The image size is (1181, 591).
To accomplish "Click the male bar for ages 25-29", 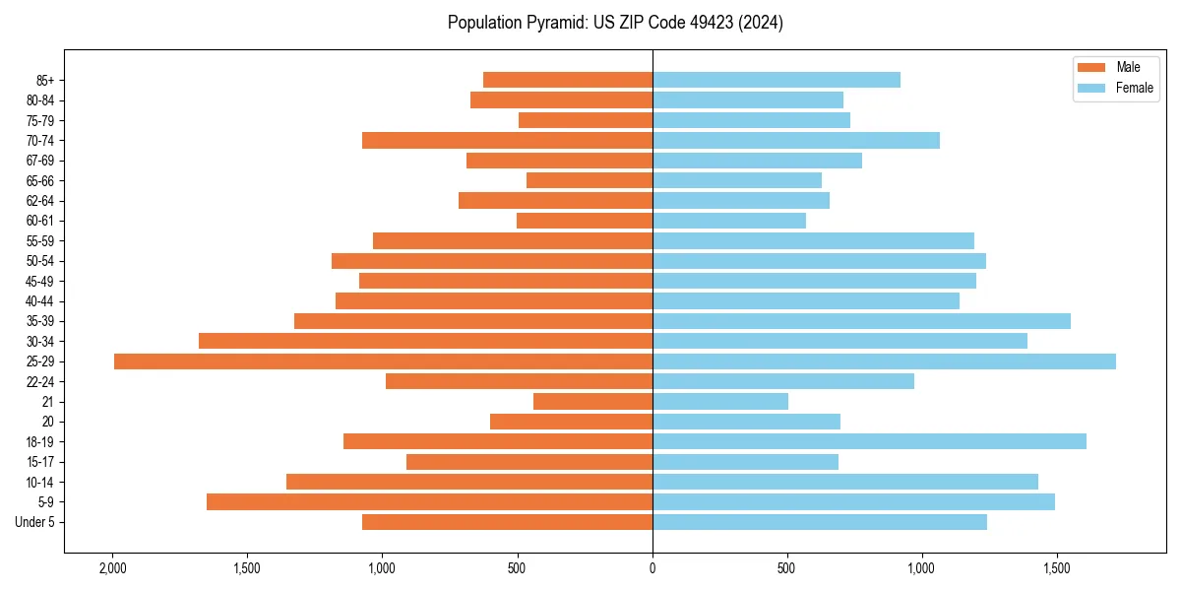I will coord(383,361).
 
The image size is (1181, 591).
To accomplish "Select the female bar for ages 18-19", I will coord(869,441).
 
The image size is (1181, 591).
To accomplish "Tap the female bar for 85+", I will coord(777,80).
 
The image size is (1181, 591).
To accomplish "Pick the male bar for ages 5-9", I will coord(429,501).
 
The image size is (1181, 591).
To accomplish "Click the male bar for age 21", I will coord(592,402).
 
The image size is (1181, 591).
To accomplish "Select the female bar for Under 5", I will coord(820,522).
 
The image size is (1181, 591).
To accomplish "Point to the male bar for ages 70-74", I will coord(507,140).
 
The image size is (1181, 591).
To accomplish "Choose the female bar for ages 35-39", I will coord(861,321).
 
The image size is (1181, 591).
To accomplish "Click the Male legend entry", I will coord(1128,67).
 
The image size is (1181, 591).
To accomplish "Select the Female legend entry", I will coord(1134,88).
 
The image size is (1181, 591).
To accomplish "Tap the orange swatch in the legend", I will coord(1092,67).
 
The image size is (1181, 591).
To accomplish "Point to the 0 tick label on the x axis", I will coord(653,568).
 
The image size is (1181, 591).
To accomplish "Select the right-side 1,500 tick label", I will coord(1057,568).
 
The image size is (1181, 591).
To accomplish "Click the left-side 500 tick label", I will coord(518,568).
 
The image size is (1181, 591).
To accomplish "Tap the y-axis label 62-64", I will coord(40,201).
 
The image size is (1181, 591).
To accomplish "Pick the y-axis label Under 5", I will coord(34,522).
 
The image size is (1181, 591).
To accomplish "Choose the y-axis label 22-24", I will coord(40,382).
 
